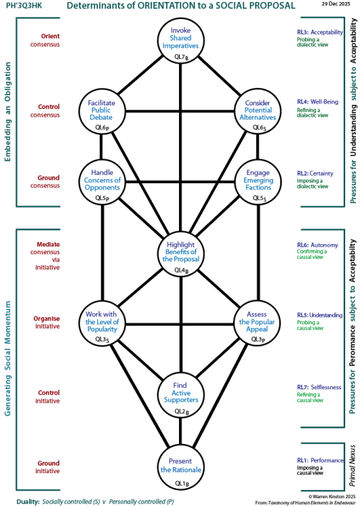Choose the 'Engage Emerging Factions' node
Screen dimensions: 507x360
coord(257,182)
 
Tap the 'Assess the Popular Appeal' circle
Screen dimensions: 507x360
coord(257,324)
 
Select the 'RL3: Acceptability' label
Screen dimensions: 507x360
coord(321,32)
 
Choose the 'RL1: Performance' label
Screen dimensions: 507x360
coord(321,460)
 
